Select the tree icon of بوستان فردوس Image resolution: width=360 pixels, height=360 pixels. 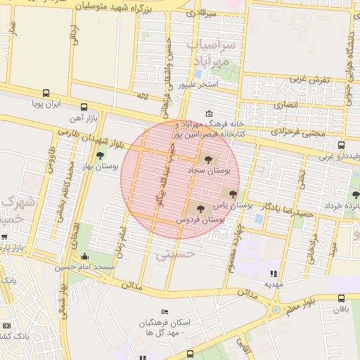(x=201, y=208)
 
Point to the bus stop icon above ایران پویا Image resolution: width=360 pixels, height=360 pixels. (x=46, y=93)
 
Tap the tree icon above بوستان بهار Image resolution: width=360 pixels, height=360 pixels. (x=100, y=155)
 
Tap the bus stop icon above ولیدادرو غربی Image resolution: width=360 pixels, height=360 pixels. (x=341, y=145)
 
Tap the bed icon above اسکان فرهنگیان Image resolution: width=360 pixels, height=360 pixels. (x=165, y=311)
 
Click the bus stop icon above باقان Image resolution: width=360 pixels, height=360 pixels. (x=342, y=298)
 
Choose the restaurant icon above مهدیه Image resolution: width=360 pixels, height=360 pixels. (x=274, y=274)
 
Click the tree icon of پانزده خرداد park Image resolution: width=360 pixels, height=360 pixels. (x=354, y=195)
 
